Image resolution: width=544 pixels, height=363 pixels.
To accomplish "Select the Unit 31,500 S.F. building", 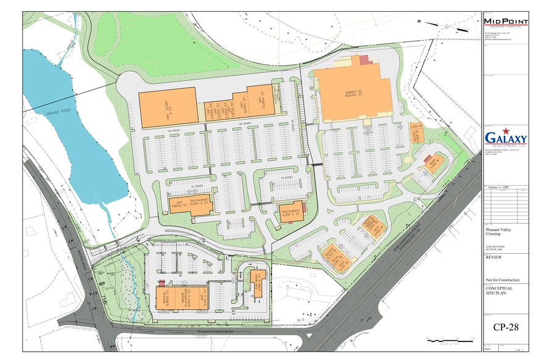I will pos(167,108).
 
